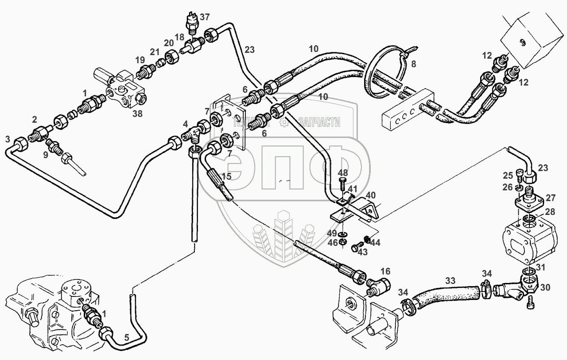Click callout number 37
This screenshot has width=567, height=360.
pos(205,17)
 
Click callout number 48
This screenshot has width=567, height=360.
pos(342,173)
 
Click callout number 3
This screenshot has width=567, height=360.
pos(7,139)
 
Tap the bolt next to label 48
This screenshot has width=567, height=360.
pos(342,183)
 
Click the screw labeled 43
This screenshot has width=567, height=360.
pos(357,246)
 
